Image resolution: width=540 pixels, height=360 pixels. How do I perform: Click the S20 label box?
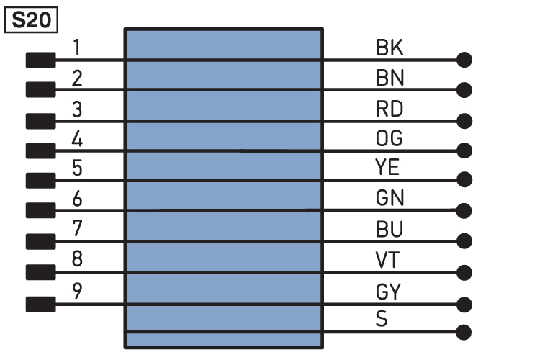[x=31, y=20]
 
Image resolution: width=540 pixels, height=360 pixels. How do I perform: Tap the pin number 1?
[x=77, y=48]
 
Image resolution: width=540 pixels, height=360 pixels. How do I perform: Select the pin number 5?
[x=77, y=168]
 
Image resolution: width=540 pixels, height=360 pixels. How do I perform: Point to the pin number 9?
[x=77, y=290]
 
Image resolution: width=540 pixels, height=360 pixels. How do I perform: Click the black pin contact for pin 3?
[x=40, y=121]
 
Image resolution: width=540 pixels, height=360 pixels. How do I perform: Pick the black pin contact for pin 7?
[x=40, y=241]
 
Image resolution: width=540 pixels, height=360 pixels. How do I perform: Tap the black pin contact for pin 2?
[x=40, y=89]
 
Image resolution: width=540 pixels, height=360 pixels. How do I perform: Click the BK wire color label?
[x=389, y=48]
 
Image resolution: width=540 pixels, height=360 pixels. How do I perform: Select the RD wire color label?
[x=389, y=109]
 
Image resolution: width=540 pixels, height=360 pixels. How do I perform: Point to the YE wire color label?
[x=387, y=167]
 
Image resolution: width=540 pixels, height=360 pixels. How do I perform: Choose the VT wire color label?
[x=387, y=260]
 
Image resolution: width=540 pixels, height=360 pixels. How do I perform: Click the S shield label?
[x=382, y=319]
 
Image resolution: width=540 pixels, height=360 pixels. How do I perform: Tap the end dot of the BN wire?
[x=464, y=90]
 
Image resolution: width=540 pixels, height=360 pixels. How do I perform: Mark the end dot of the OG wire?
[x=464, y=150]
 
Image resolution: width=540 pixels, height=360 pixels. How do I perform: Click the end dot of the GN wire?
[x=464, y=211]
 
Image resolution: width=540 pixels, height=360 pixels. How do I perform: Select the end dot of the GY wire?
[x=464, y=305]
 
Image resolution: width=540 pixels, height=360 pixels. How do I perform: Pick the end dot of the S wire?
[x=464, y=333]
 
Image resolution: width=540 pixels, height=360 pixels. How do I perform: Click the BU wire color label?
[x=389, y=229]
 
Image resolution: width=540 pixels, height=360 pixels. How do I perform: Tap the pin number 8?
[x=77, y=258]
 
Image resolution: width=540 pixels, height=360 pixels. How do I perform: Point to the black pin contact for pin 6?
[x=40, y=210]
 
